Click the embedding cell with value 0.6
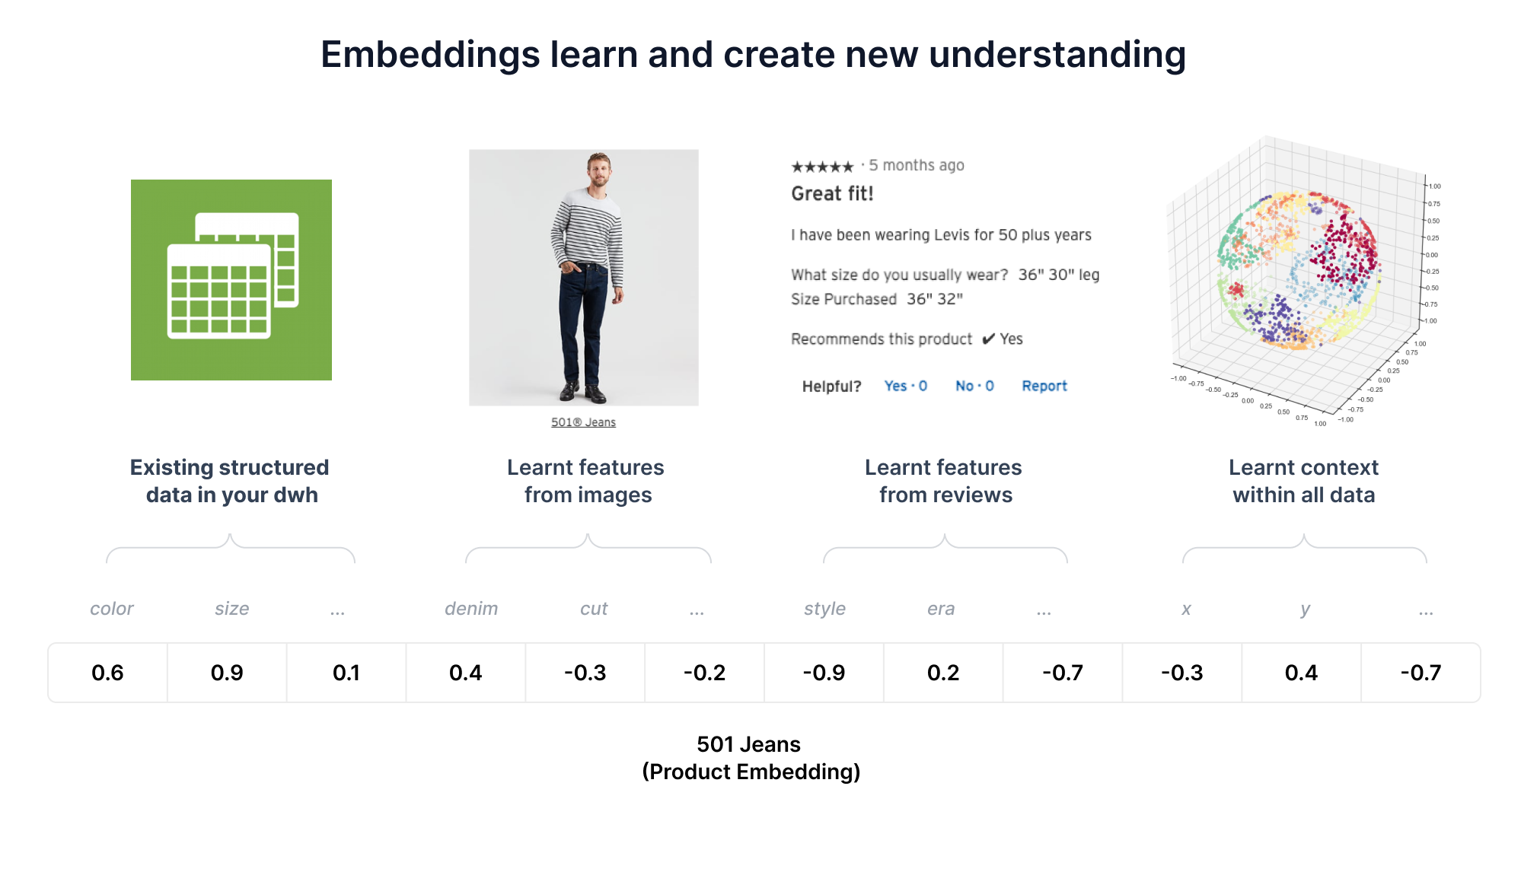[x=107, y=673]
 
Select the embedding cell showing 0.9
[x=227, y=673]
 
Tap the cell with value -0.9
[x=824, y=673]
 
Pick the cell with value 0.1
[x=346, y=673]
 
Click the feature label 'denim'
[x=471, y=609]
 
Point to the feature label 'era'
[x=941, y=609]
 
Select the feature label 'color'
[x=112, y=609]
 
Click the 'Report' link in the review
[x=1044, y=386]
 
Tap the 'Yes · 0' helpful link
[x=905, y=386]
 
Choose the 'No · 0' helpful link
[x=974, y=386]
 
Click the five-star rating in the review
[x=822, y=167]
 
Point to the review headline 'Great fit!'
[x=832, y=193]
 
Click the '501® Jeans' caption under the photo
[x=583, y=422]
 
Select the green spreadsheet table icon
[x=231, y=280]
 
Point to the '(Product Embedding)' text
[x=751, y=772]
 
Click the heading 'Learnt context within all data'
[x=1303, y=481]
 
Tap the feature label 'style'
[x=824, y=609]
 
